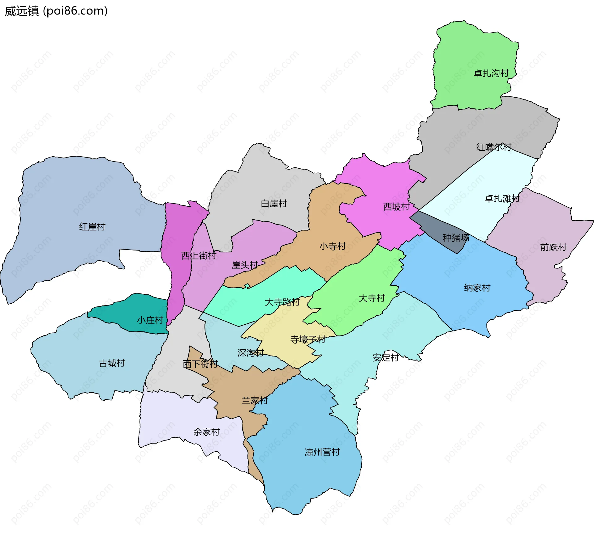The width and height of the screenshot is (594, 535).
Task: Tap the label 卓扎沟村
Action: (491, 74)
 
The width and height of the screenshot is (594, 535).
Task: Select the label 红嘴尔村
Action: (493, 147)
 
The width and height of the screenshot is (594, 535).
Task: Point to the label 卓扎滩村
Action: (502, 199)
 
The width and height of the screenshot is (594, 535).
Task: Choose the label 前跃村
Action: (553, 247)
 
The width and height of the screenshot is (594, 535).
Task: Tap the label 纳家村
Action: (477, 288)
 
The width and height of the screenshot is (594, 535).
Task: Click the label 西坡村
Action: (396, 207)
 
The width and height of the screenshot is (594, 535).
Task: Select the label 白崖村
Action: (274, 204)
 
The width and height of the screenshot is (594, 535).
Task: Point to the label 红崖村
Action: (92, 227)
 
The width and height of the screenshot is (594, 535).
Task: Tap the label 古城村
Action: (112, 363)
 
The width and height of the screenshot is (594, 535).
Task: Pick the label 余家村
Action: (206, 432)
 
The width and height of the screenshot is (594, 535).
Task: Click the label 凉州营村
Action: (322, 452)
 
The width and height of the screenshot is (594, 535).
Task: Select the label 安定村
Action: (385, 358)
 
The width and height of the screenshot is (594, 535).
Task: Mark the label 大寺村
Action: (372, 298)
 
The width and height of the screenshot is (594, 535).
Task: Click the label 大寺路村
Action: (282, 302)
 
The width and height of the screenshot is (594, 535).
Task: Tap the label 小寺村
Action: (333, 246)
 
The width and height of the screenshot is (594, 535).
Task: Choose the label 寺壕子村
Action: (308, 340)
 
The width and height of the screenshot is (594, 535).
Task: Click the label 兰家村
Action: (254, 401)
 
